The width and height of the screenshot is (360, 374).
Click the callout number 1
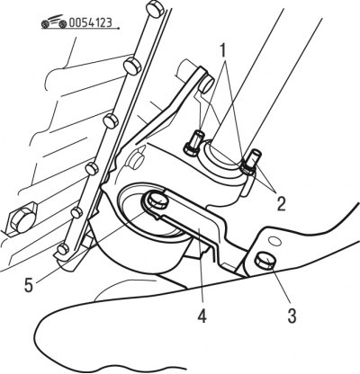(x=222, y=51)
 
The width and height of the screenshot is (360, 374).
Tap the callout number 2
(x=281, y=204)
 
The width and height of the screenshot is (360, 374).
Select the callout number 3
(x=292, y=316)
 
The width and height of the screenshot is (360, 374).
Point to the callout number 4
(x=202, y=316)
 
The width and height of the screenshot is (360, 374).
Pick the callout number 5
(x=29, y=285)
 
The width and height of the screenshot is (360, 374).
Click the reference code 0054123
(x=91, y=22)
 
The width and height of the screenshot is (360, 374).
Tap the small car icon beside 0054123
(x=54, y=22)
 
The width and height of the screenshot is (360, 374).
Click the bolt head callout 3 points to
(x=265, y=261)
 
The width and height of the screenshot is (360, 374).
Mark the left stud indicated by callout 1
(x=193, y=144)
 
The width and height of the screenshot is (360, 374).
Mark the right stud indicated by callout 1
(x=250, y=162)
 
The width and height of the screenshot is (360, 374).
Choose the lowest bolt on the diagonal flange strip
(x=63, y=248)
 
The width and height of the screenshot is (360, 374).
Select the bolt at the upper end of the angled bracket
(x=207, y=84)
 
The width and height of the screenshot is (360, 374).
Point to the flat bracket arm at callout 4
(x=192, y=221)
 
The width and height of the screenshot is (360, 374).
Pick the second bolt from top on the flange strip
(x=132, y=65)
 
